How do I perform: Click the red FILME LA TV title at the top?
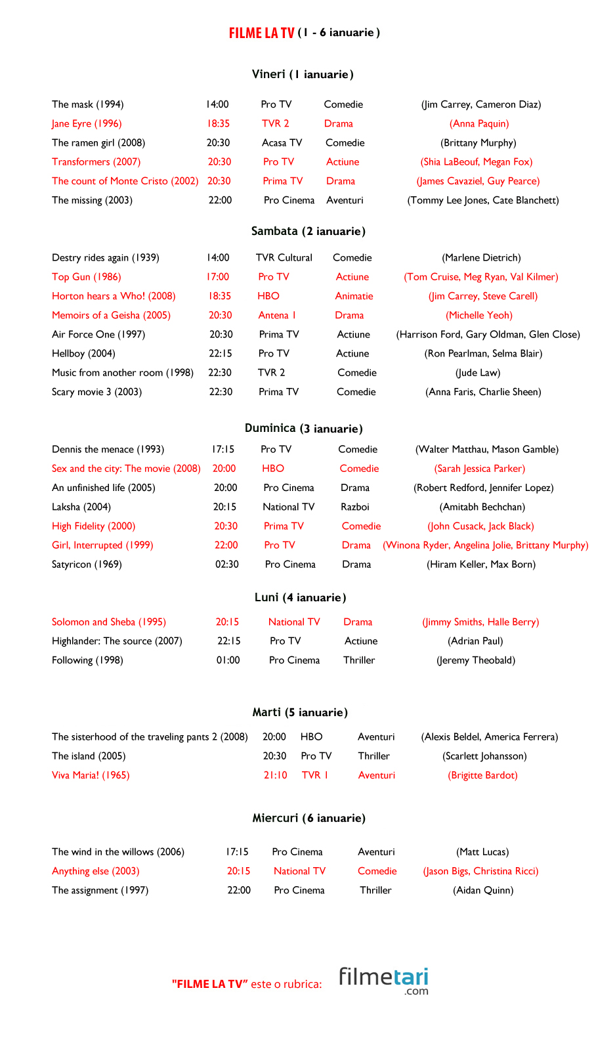(261, 33)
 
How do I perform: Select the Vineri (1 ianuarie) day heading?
(303, 74)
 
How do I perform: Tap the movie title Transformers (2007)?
(96, 161)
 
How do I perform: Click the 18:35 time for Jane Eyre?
(219, 123)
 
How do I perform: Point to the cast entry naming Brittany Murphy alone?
(478, 142)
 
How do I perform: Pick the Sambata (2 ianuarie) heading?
(308, 231)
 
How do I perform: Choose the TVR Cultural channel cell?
(284, 257)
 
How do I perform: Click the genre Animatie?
(354, 296)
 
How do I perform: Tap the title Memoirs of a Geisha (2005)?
(111, 315)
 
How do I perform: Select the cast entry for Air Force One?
(488, 334)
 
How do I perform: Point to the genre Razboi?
(355, 507)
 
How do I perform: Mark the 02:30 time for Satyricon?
(227, 564)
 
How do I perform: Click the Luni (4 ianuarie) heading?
(300, 597)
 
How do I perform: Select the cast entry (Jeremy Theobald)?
(476, 660)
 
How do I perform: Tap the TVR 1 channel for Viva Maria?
(315, 775)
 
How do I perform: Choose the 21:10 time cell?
(276, 775)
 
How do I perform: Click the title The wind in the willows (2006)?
(118, 851)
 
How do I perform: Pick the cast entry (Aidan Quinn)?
(483, 890)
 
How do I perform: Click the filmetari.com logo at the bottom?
(383, 980)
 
